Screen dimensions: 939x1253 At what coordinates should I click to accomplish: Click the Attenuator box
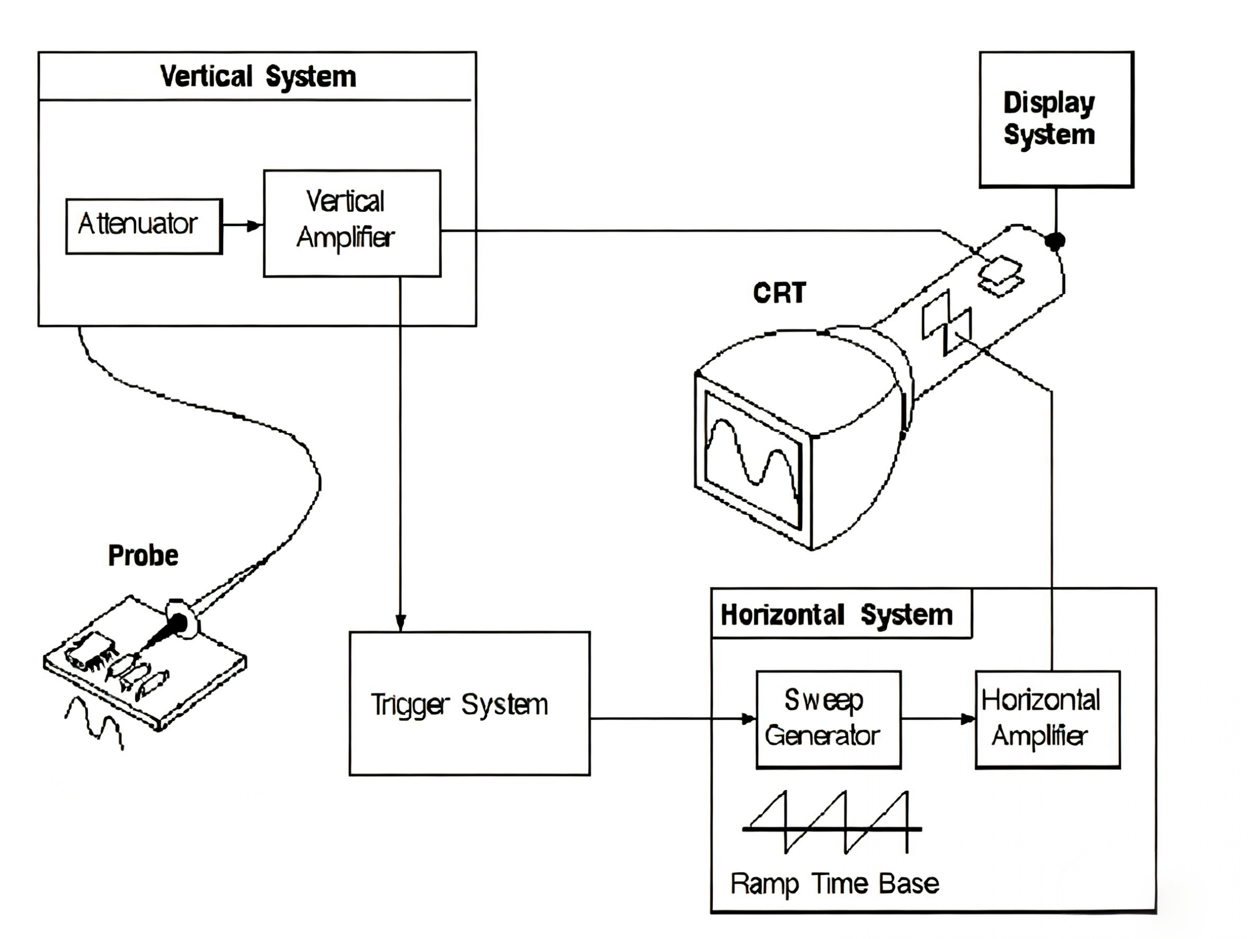click(144, 226)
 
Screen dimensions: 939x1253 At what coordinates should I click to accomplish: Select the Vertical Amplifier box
click(352, 223)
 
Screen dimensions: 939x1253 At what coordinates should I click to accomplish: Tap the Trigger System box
click(469, 703)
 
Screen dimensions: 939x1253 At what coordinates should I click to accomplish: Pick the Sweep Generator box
click(828, 719)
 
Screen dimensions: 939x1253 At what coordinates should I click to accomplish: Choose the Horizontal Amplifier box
click(1047, 719)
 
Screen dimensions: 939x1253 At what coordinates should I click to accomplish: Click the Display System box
click(1056, 119)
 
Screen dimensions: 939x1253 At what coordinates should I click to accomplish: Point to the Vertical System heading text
click(258, 76)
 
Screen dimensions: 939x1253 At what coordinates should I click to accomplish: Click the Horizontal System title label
click(836, 615)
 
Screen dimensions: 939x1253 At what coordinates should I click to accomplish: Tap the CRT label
click(780, 293)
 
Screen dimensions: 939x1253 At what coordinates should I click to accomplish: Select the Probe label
click(143, 555)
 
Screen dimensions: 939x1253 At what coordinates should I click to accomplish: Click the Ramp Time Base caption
click(834, 883)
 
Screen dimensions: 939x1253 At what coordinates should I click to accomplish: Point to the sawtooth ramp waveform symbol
click(832, 822)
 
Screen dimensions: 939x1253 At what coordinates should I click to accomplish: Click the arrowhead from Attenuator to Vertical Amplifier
click(255, 226)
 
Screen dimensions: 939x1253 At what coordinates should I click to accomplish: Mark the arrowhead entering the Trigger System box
click(401, 623)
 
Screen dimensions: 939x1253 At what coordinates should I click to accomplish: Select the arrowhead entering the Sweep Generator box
click(748, 719)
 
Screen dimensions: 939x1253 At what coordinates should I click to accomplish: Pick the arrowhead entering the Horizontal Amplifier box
click(967, 719)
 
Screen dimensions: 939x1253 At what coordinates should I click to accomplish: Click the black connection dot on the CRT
click(1055, 240)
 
